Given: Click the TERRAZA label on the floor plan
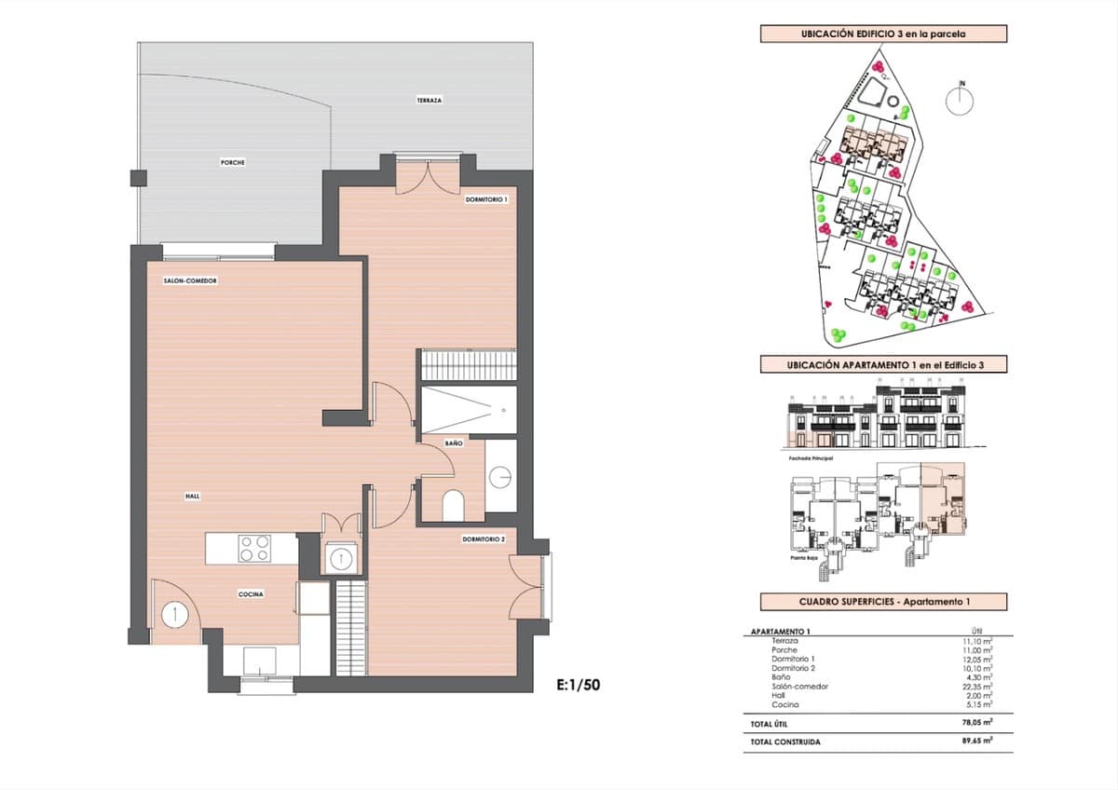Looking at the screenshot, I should (x=429, y=100).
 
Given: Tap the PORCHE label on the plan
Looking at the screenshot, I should (x=233, y=162).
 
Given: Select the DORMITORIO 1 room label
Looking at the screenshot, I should (x=486, y=199).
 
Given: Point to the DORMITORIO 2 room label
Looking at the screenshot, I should (x=484, y=539).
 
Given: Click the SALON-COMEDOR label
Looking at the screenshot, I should (x=190, y=279).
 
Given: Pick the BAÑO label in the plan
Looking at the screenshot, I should (x=453, y=443).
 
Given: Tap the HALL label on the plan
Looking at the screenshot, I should (x=192, y=497).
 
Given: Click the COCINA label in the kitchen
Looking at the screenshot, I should (x=251, y=593).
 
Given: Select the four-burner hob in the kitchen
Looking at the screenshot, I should (x=253, y=549).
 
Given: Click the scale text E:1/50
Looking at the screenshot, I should (x=578, y=685).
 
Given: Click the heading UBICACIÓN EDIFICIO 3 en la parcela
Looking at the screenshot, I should (x=882, y=34).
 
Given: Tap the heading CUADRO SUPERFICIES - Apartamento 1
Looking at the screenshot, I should (x=870, y=602).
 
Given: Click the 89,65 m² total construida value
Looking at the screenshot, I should (x=976, y=742).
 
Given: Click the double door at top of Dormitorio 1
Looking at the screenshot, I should (x=427, y=176).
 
